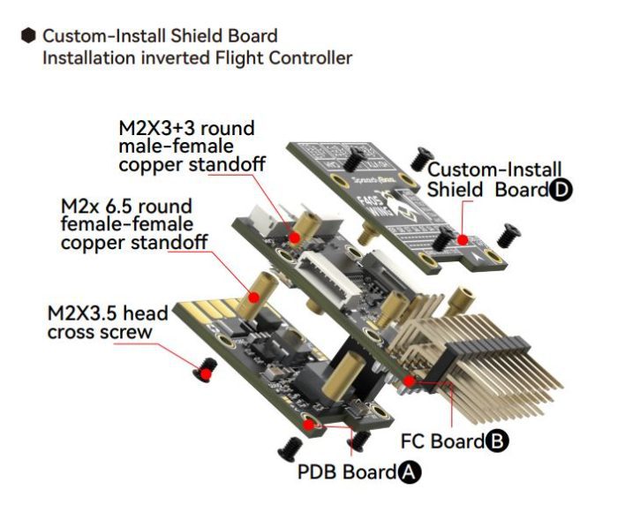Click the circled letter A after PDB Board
[408, 472]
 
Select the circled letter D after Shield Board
[559, 190]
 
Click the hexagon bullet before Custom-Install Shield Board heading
[28, 36]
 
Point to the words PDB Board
[346, 472]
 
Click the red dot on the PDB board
[310, 424]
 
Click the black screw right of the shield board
[509, 234]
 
